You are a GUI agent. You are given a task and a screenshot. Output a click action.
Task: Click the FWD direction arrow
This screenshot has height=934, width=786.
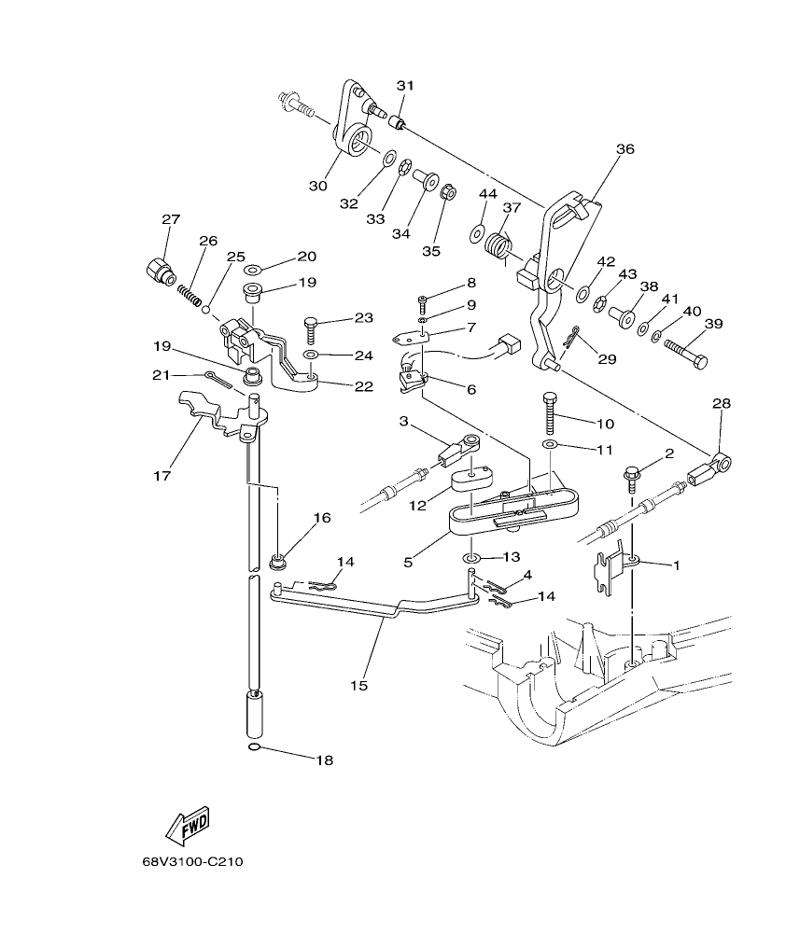click(x=187, y=823)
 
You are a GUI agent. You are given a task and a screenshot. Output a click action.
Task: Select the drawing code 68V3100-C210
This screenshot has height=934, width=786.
click(x=192, y=863)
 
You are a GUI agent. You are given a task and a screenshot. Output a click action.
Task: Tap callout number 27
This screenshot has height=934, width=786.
click(x=170, y=220)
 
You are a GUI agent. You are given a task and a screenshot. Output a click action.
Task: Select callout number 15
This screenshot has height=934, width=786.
click(x=360, y=686)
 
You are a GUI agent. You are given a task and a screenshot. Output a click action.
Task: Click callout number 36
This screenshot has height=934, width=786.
click(x=625, y=148)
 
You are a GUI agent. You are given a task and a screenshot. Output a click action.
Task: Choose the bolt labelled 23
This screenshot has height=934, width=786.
click(x=311, y=329)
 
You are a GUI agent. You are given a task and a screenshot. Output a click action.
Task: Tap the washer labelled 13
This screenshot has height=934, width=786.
click(x=471, y=559)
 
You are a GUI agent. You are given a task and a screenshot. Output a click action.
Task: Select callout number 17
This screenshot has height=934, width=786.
click(x=162, y=475)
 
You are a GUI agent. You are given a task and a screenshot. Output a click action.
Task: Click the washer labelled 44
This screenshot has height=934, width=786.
click(x=477, y=230)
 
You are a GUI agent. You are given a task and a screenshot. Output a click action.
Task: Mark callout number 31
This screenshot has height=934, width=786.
click(x=404, y=86)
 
